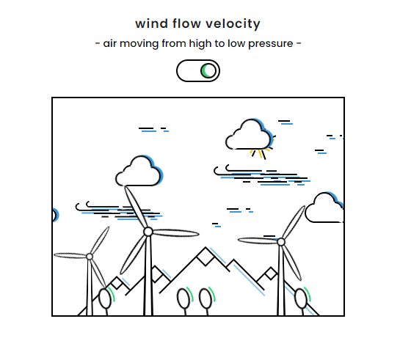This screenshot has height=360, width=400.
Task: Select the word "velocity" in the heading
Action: [233, 24]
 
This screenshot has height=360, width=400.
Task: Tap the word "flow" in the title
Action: [186, 23]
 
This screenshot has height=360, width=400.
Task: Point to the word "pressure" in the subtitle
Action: [270, 44]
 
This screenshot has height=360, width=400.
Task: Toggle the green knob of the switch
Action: [208, 70]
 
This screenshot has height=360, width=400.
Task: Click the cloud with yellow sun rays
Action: [250, 134]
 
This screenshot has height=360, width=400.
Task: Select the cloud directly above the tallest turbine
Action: [139, 172]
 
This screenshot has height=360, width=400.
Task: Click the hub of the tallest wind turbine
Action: [148, 232]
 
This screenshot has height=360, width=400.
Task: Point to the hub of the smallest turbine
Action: [90, 257]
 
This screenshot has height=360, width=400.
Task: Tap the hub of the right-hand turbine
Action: [281, 242]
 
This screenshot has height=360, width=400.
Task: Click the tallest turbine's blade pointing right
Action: [176, 233]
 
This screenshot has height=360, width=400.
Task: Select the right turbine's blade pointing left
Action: [258, 240]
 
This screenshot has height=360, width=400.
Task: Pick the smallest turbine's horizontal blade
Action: [70, 255]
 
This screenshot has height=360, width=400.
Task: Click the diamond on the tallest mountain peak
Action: [206, 257]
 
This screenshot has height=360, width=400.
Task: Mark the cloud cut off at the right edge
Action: [324, 208]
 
